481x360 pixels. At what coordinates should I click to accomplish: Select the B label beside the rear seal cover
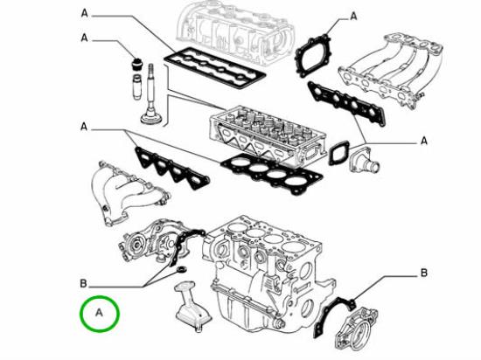tap(423, 273)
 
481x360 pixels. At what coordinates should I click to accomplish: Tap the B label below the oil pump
tap(84, 283)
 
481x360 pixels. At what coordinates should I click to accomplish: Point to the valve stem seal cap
tap(136, 66)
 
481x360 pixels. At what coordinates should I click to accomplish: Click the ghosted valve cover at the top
tap(232, 25)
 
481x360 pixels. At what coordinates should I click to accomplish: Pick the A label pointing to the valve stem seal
tap(85, 38)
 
